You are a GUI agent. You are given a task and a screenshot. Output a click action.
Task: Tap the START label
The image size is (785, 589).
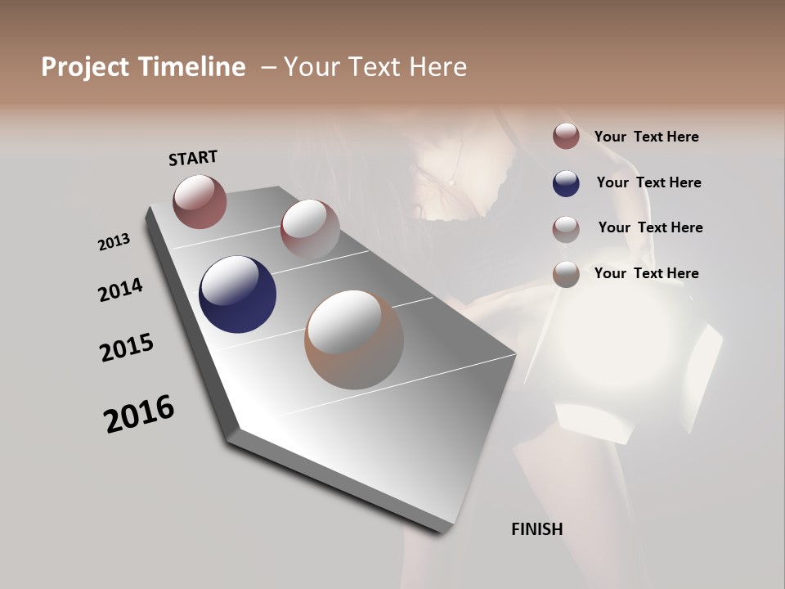193,158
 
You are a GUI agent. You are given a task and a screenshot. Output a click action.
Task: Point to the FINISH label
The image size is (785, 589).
536,529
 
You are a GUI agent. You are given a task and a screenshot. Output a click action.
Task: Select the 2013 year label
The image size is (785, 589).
114,242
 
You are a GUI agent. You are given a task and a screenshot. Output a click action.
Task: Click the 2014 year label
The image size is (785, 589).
120,290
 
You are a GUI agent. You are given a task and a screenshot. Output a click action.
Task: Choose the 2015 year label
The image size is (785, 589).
127,348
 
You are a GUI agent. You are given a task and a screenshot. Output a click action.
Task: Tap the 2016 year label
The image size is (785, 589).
139,414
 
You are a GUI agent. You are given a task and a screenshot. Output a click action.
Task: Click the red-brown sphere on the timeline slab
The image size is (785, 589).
200,201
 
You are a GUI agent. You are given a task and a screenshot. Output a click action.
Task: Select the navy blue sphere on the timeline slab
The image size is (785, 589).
237,294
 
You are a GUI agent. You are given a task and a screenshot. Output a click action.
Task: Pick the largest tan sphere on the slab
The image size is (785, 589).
354,339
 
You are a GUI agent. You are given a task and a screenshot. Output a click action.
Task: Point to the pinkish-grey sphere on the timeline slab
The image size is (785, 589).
310,228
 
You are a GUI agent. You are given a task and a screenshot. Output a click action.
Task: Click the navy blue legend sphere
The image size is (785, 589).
566,183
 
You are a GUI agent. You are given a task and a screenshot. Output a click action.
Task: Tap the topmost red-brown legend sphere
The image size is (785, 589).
566,136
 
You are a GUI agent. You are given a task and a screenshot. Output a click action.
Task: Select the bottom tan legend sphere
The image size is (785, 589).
566,274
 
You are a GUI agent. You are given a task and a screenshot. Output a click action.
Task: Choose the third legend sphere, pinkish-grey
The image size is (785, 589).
566,228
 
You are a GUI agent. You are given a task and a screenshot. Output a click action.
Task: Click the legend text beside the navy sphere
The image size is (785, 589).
648,182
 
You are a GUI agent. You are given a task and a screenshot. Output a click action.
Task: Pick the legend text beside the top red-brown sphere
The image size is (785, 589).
646,137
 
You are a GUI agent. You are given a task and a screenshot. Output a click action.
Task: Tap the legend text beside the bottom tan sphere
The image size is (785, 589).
646,273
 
